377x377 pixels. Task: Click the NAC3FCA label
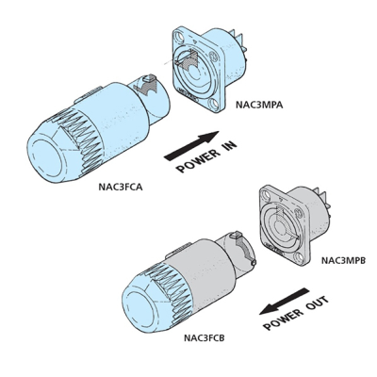click(121, 188)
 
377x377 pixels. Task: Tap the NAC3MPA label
click(259, 105)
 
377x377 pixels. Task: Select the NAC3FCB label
click(205, 338)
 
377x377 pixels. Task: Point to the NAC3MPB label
click(343, 260)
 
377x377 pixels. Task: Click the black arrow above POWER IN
click(191, 145)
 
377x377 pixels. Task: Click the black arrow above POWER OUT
click(285, 301)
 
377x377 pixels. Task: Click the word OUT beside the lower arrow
click(317, 304)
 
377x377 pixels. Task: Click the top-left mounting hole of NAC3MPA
click(180, 37)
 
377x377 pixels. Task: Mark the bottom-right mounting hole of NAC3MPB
click(301, 258)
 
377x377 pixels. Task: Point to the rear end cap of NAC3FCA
click(47, 159)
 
